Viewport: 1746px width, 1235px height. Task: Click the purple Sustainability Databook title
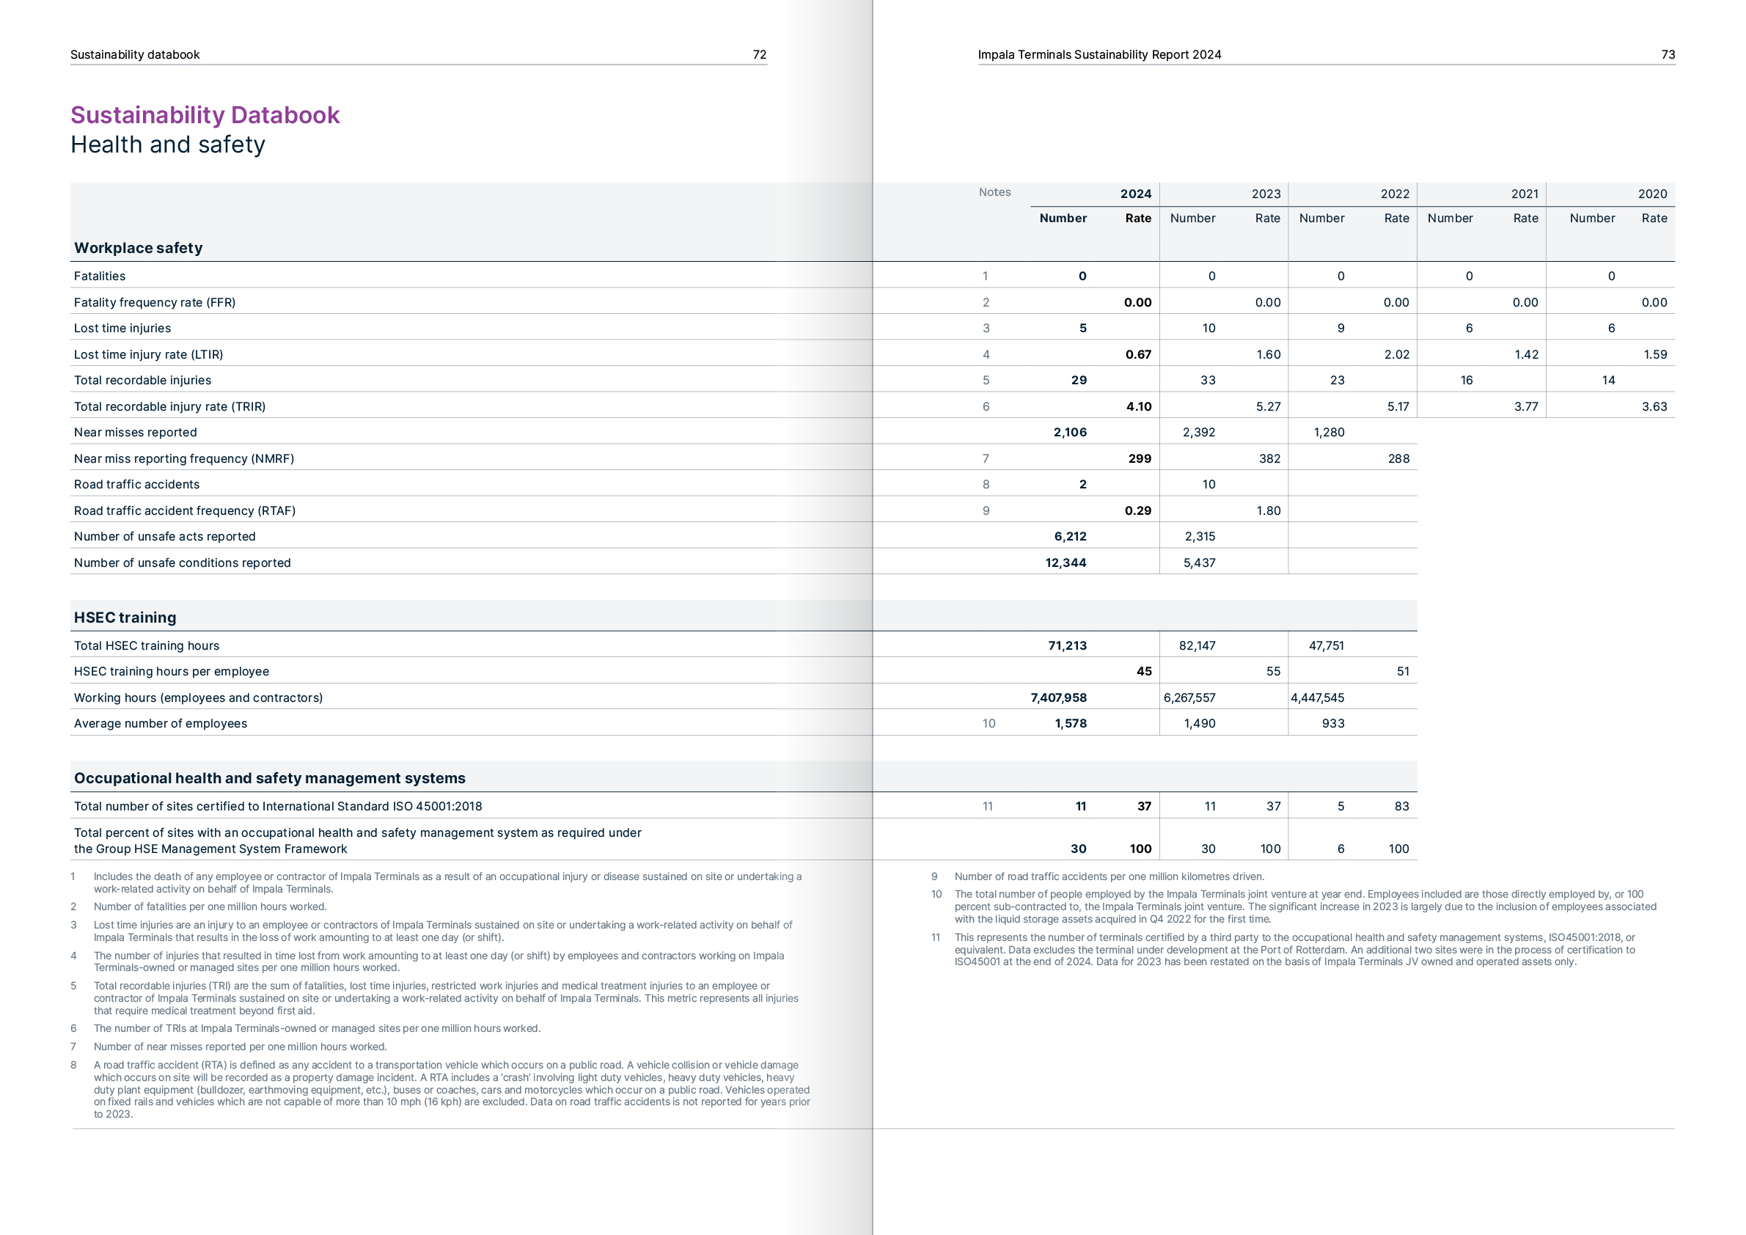(x=205, y=115)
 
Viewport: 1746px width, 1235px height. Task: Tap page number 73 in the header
(x=1668, y=55)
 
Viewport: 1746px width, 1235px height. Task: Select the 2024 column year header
(x=1135, y=194)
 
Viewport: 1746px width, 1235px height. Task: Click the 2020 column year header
(x=1651, y=194)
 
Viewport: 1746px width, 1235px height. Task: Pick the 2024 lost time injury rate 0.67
(x=1137, y=354)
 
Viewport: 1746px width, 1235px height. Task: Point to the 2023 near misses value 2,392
(x=1198, y=433)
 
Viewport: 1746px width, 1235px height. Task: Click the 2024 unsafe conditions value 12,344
(x=1065, y=562)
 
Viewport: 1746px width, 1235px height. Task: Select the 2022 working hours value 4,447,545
(x=1317, y=698)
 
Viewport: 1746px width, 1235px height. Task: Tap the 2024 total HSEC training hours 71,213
(x=1067, y=645)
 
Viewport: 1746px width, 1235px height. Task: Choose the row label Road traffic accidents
(x=137, y=485)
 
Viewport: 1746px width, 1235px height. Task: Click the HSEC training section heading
(x=125, y=617)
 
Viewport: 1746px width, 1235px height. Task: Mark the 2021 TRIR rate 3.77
(x=1525, y=407)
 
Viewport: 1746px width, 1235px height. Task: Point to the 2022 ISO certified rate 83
(x=1401, y=806)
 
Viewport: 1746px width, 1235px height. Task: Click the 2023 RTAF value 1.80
(x=1268, y=511)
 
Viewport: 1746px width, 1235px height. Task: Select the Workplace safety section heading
(x=139, y=248)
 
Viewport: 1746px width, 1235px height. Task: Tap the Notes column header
(x=994, y=192)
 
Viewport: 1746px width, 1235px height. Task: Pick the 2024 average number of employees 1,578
(x=1070, y=724)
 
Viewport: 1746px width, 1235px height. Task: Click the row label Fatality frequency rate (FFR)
(x=155, y=303)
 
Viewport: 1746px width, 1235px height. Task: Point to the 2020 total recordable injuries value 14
(x=1607, y=380)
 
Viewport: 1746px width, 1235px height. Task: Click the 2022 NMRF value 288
(x=1398, y=458)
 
